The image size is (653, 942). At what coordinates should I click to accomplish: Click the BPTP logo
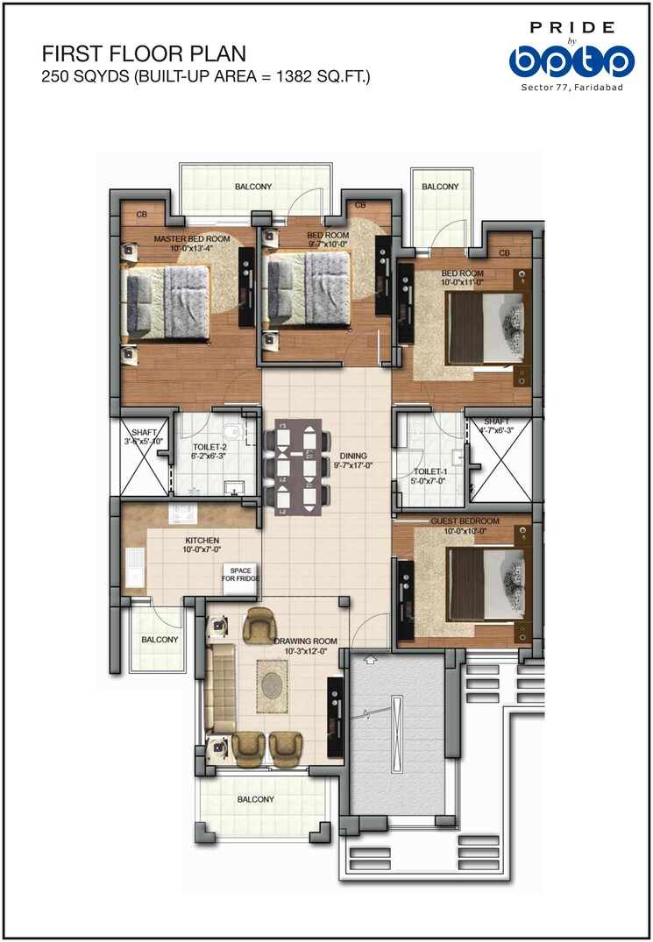(x=571, y=60)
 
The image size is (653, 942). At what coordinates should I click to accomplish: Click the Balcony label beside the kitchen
(x=160, y=640)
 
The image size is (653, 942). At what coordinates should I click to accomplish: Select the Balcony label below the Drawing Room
(x=255, y=799)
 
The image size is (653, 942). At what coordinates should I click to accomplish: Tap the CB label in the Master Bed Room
(x=141, y=214)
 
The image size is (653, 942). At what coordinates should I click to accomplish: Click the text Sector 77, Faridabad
(x=571, y=89)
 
